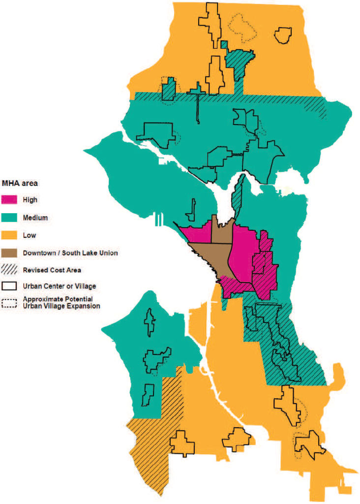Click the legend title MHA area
(x=20, y=183)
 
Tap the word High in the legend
(x=30, y=200)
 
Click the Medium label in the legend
(x=35, y=218)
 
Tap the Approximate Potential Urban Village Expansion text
(x=61, y=302)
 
